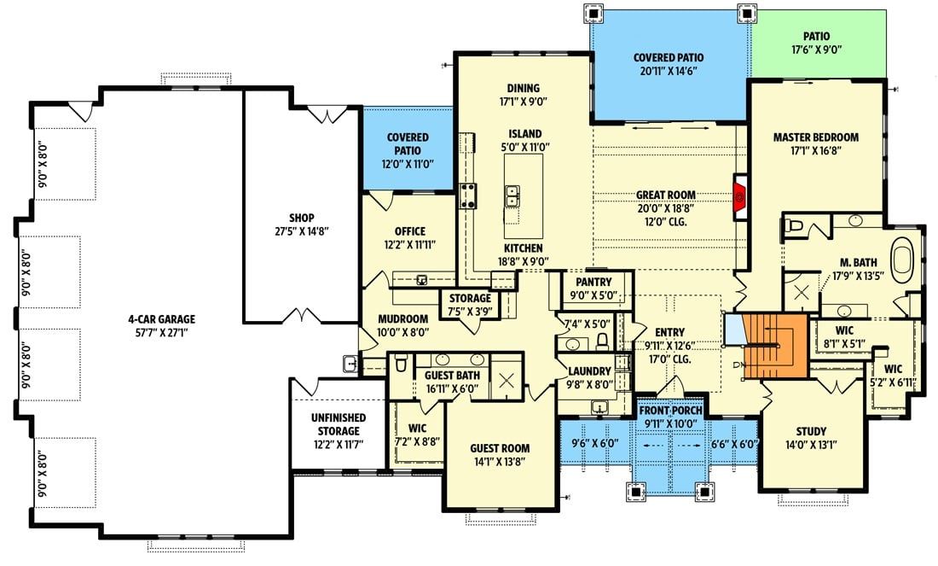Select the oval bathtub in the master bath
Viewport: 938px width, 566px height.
click(x=901, y=257)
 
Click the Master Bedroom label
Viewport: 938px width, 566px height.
click(x=815, y=137)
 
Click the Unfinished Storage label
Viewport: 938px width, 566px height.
click(x=338, y=423)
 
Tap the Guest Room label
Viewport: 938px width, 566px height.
click(x=500, y=448)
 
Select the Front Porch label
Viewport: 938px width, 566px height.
click(x=670, y=410)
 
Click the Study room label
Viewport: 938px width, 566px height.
click(x=811, y=431)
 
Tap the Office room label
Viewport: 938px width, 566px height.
click(x=409, y=231)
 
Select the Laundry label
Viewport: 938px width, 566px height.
click(x=589, y=371)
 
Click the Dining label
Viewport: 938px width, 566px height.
click(x=523, y=88)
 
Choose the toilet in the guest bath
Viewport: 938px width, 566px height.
click(x=401, y=365)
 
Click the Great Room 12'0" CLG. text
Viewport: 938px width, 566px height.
click(x=665, y=222)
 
